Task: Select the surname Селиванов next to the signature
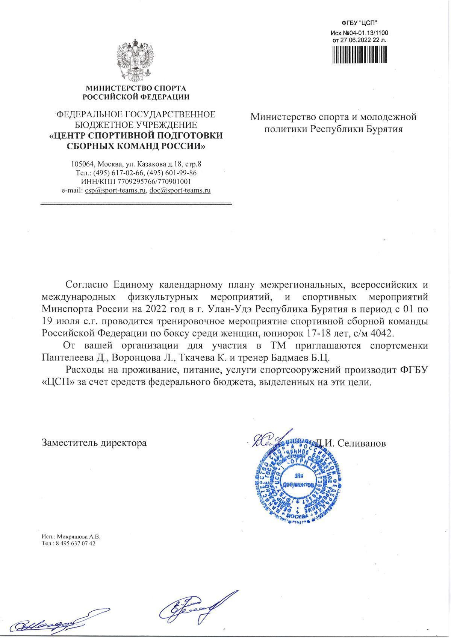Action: [x=362, y=443]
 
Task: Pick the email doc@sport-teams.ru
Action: [x=180, y=190]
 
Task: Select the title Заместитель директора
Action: [x=94, y=443]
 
